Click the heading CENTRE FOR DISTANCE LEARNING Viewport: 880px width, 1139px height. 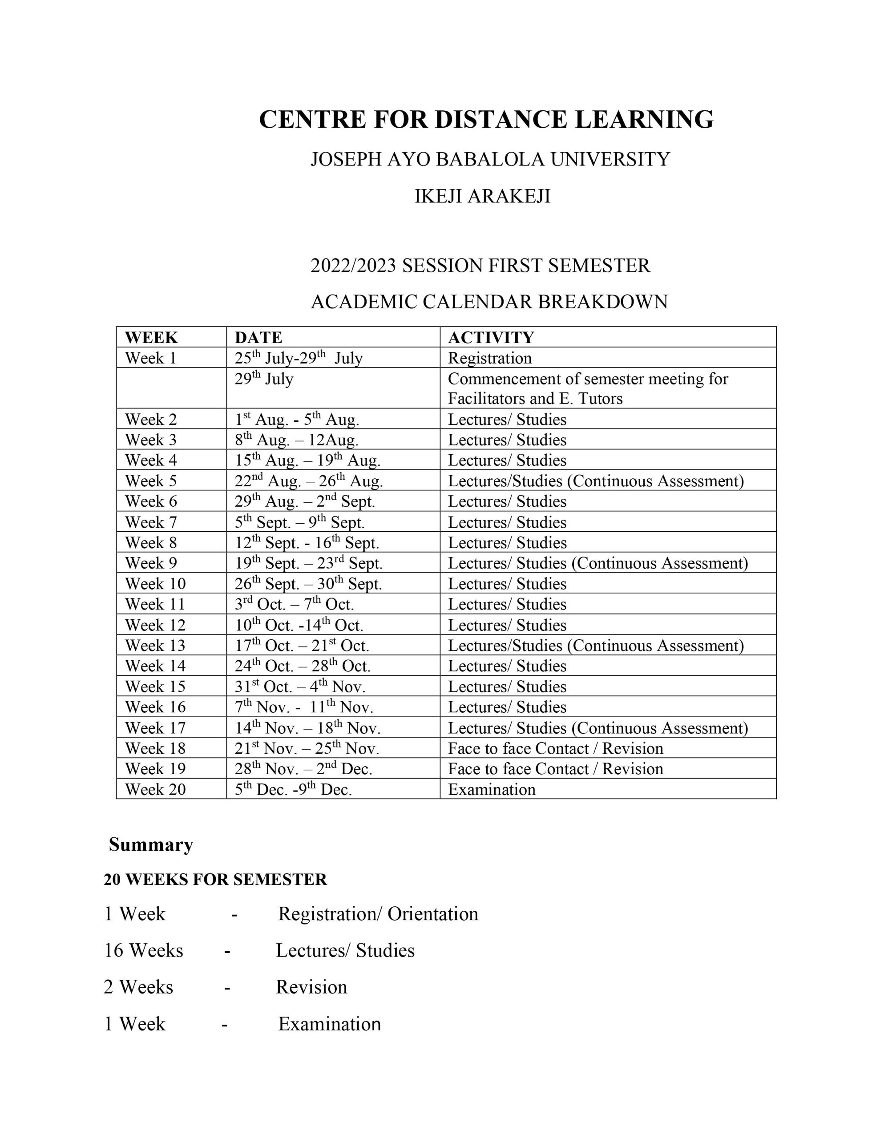point(486,119)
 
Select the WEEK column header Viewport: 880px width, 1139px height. point(151,337)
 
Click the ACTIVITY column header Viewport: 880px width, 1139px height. point(491,337)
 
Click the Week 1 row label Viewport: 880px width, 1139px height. point(151,358)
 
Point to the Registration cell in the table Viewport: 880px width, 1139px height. point(490,358)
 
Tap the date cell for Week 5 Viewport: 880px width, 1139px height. point(308,481)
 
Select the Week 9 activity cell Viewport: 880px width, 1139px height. point(598,563)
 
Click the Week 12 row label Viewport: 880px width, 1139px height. point(155,625)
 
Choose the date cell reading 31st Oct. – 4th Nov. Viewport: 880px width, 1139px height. point(300,687)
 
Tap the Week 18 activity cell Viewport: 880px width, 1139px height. point(556,748)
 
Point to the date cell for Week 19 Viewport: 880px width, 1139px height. point(303,769)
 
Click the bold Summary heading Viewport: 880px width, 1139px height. point(151,845)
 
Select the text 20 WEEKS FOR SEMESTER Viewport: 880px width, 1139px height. point(215,880)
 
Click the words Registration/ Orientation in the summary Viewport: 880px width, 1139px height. point(378,914)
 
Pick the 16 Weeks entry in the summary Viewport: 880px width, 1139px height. point(143,951)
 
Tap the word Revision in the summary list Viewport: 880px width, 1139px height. point(311,987)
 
